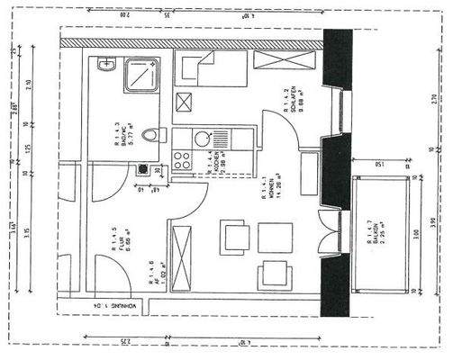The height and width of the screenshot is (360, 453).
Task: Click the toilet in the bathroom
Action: coord(150,135)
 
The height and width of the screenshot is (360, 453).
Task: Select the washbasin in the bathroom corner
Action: coord(106,64)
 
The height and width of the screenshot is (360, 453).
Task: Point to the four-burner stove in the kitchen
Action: coord(181,159)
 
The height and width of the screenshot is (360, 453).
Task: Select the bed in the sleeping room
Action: coord(211,67)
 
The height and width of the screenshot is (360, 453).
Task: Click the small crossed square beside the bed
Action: coord(186,101)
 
